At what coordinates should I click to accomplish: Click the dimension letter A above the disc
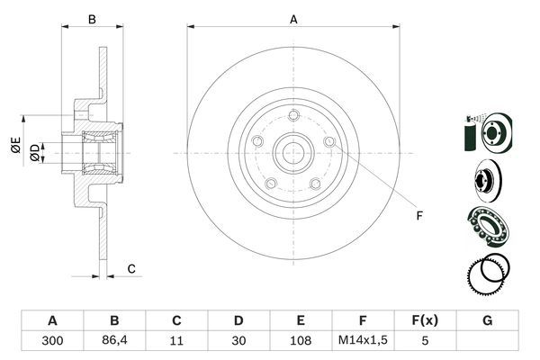tap(293, 17)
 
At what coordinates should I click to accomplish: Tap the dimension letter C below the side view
tap(131, 268)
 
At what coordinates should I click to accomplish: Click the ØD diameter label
tap(34, 153)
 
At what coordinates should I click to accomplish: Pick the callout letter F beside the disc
tap(418, 215)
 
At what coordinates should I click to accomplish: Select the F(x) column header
tap(426, 320)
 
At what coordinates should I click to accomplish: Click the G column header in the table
tap(488, 320)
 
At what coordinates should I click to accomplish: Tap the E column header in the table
tap(301, 320)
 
